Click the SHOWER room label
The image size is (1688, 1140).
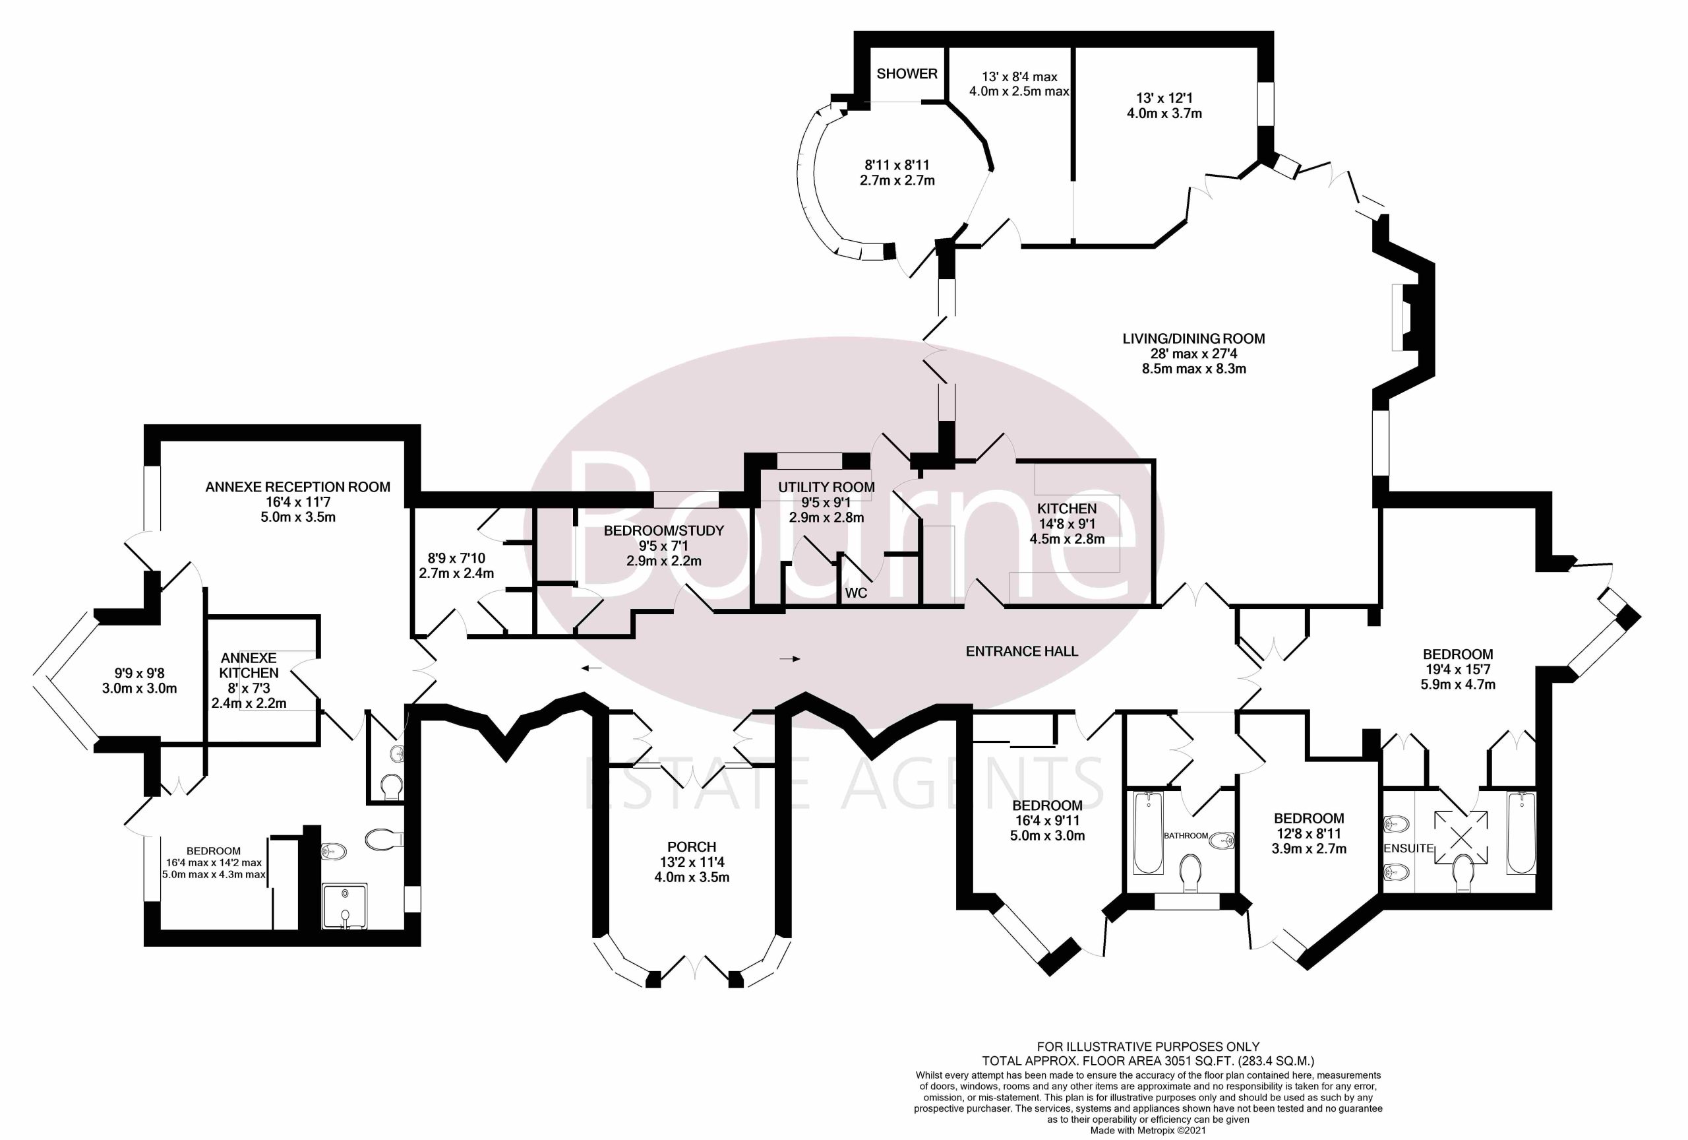907,73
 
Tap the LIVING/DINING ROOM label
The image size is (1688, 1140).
1193,338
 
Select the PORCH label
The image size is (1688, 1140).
692,846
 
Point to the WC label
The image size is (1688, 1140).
856,593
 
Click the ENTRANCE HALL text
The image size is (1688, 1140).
1021,651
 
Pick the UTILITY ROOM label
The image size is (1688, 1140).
827,487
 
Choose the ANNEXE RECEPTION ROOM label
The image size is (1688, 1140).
298,487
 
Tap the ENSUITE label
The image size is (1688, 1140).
1408,848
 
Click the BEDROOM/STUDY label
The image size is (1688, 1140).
664,530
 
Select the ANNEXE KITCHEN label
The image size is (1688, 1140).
249,665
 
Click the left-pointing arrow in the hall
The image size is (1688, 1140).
591,667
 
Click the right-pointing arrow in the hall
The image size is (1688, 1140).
790,659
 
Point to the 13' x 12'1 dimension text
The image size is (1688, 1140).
1164,98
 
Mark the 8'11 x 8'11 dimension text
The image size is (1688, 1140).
897,165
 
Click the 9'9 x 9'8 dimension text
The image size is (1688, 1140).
138,673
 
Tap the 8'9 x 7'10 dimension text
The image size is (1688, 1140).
456,558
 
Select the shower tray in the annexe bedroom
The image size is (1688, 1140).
344,906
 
